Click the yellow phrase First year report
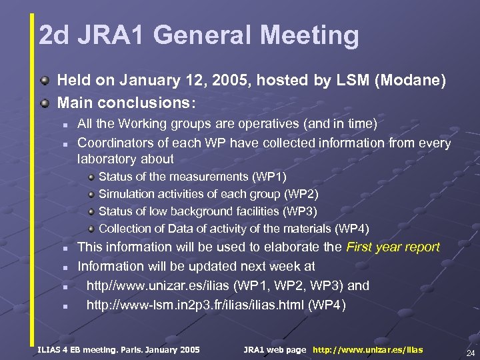(393, 247)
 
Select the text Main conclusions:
(127, 103)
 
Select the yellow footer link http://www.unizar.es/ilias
(367, 350)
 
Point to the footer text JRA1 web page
(275, 350)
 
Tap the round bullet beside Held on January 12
(44, 81)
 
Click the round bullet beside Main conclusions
(44, 103)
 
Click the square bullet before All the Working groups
(65, 125)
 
